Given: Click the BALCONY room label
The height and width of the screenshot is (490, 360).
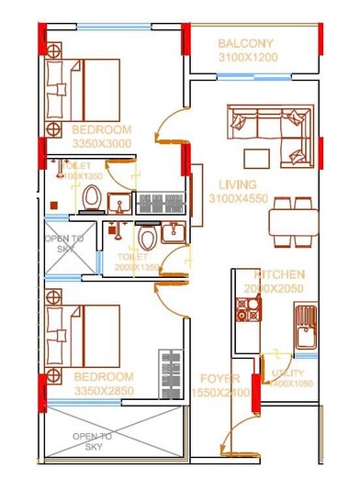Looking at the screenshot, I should (x=245, y=43).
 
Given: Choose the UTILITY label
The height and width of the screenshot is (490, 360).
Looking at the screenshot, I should (x=287, y=373).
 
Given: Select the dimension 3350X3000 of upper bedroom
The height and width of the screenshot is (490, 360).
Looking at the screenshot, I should (x=101, y=144).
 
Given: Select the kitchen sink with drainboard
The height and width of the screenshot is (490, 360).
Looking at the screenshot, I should (x=305, y=328).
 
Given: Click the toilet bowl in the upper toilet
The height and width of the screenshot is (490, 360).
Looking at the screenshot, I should (x=91, y=196).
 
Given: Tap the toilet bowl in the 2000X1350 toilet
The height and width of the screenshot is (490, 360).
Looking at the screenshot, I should (x=148, y=239).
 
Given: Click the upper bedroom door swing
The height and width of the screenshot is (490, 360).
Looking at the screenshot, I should (x=170, y=128).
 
